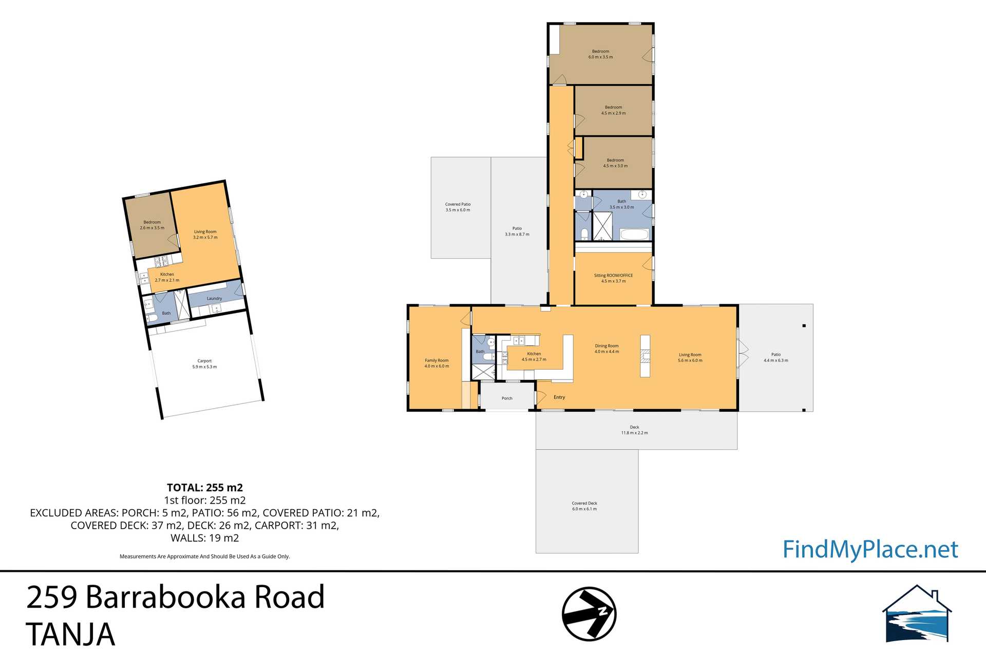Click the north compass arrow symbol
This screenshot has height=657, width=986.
coord(589,614)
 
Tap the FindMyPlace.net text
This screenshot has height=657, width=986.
coord(870,549)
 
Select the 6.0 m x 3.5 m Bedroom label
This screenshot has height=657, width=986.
coord(600,54)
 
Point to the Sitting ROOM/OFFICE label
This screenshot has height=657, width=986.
coord(613,278)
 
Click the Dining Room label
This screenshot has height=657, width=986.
coord(606,349)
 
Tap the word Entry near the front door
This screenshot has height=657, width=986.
coord(559,397)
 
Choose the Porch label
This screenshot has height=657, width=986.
coord(507,398)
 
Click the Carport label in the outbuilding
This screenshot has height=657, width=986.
coord(204,363)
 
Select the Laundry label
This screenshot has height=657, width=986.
coord(214,298)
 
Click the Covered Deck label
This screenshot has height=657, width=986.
coord(584,506)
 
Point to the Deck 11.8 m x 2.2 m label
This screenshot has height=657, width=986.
coord(634,430)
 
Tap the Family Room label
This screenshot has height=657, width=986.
coord(437,363)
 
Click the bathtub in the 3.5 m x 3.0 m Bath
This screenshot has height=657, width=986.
coord(634,235)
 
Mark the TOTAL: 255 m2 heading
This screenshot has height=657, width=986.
coord(204,488)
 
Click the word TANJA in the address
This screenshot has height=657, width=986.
coord(70,634)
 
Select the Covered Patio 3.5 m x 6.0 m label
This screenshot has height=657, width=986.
coord(458,207)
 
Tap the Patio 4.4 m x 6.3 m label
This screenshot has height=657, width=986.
coord(775,357)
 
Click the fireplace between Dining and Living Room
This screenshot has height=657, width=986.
coord(645,356)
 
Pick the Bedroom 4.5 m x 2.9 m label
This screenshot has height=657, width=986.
coord(613,110)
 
